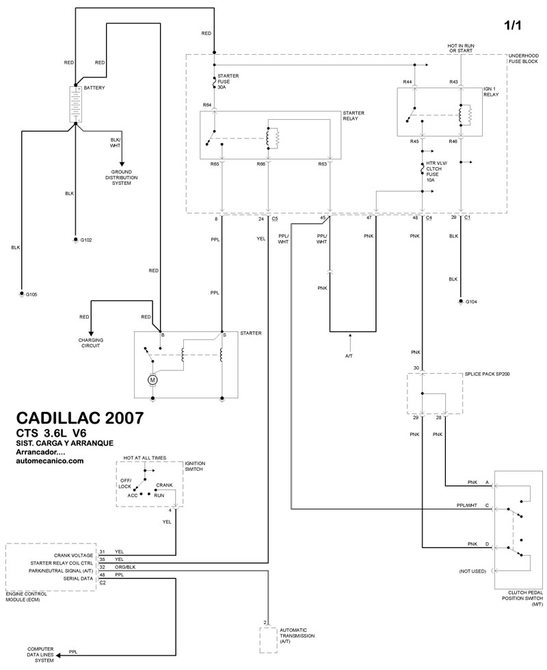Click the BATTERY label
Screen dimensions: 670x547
(x=95, y=88)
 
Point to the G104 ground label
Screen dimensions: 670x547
(x=471, y=302)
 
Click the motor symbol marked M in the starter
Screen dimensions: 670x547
(x=153, y=378)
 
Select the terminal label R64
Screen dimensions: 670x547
(x=207, y=105)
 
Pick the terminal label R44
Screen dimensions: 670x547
(x=407, y=81)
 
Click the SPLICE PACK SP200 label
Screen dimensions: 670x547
(x=487, y=375)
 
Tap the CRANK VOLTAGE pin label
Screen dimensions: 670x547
(x=74, y=552)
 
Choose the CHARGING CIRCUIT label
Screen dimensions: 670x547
(x=89, y=344)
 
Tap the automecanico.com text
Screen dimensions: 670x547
(x=49, y=461)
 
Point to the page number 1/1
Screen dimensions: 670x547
(x=514, y=25)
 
